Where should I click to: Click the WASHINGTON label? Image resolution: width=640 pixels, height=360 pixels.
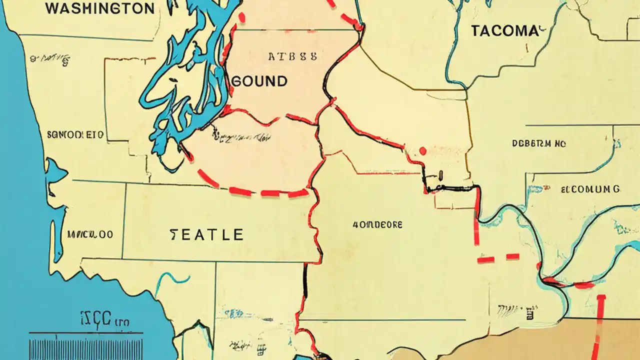coord(99,8)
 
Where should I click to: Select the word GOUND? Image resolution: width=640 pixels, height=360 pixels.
coord(260,81)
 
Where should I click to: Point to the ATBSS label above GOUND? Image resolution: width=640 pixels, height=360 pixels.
coord(292,56)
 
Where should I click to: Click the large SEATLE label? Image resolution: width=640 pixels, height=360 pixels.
coord(206,234)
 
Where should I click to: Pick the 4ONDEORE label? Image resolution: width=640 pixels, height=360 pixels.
coord(370,225)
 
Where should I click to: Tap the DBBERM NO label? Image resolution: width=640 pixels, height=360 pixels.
coord(539,143)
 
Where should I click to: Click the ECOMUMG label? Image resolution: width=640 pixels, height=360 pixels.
coord(590,189)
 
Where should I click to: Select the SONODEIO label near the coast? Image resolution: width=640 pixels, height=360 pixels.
coord(75,134)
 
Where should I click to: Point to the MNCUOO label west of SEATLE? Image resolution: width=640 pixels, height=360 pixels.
coord(90,234)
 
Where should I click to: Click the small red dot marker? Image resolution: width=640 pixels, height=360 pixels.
coord(423,150)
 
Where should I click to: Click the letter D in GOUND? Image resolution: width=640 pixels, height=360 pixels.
coord(282,81)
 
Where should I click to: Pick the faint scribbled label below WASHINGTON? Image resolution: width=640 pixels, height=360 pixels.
coord(50,59)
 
